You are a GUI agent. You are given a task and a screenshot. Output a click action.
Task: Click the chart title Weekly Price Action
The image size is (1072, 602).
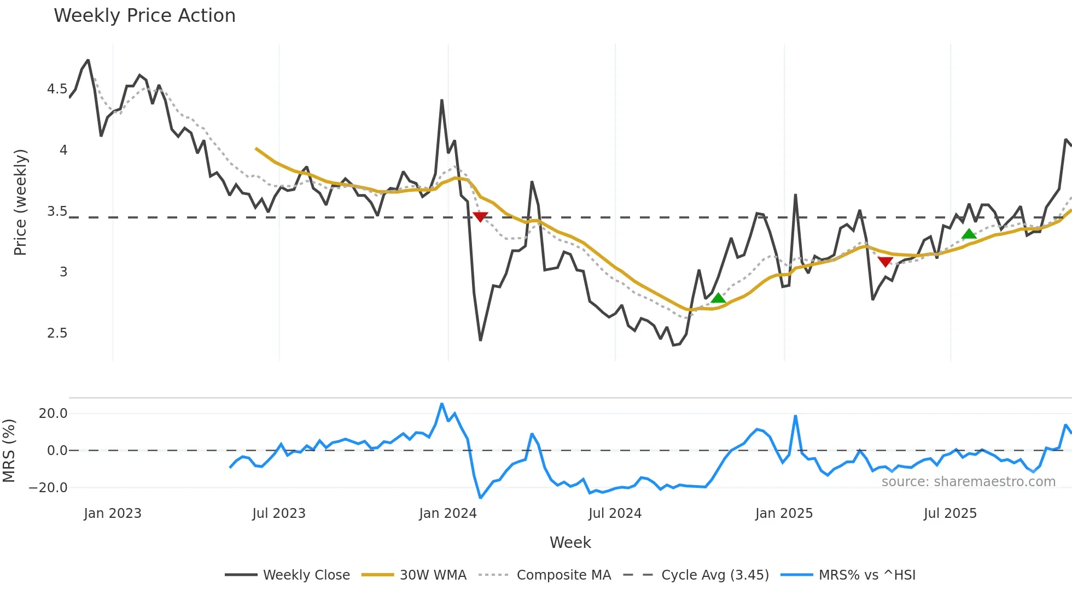click(x=144, y=16)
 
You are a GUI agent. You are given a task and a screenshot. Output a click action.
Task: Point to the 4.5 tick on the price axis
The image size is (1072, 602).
click(x=57, y=89)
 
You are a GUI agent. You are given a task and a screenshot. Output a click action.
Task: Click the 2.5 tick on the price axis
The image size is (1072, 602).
click(x=57, y=333)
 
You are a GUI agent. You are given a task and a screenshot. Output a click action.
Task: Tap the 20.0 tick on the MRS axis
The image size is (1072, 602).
click(x=53, y=414)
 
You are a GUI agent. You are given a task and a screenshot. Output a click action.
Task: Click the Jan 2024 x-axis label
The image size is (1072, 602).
click(x=448, y=514)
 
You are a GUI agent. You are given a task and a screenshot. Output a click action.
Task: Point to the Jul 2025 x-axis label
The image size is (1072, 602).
click(x=950, y=514)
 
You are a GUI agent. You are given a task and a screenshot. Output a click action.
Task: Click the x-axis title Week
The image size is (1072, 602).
click(x=570, y=542)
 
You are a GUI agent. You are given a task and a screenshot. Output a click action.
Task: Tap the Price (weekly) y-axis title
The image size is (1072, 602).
click(x=20, y=202)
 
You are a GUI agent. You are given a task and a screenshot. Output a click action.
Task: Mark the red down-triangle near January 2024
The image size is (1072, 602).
click(x=480, y=217)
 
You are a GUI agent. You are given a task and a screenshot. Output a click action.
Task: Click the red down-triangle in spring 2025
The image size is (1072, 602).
click(x=885, y=262)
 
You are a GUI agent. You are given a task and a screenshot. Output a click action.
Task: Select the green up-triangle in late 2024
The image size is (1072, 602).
click(x=718, y=298)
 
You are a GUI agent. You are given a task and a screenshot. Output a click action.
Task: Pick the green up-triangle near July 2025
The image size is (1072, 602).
click(x=969, y=234)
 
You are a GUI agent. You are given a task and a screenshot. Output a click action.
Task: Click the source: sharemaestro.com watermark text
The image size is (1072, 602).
click(x=968, y=482)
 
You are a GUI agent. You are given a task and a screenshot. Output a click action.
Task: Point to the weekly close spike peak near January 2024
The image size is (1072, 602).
click(x=442, y=101)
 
